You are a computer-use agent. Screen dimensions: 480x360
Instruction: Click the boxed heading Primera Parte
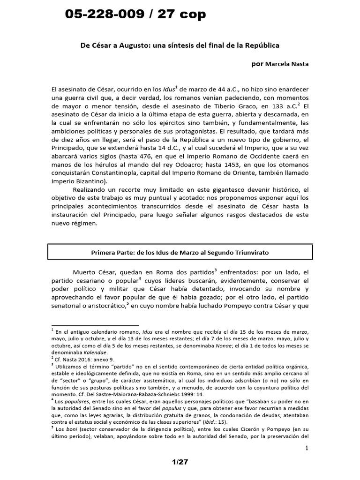coord(180,252)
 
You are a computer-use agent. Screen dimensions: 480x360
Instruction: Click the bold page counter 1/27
coord(180,462)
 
